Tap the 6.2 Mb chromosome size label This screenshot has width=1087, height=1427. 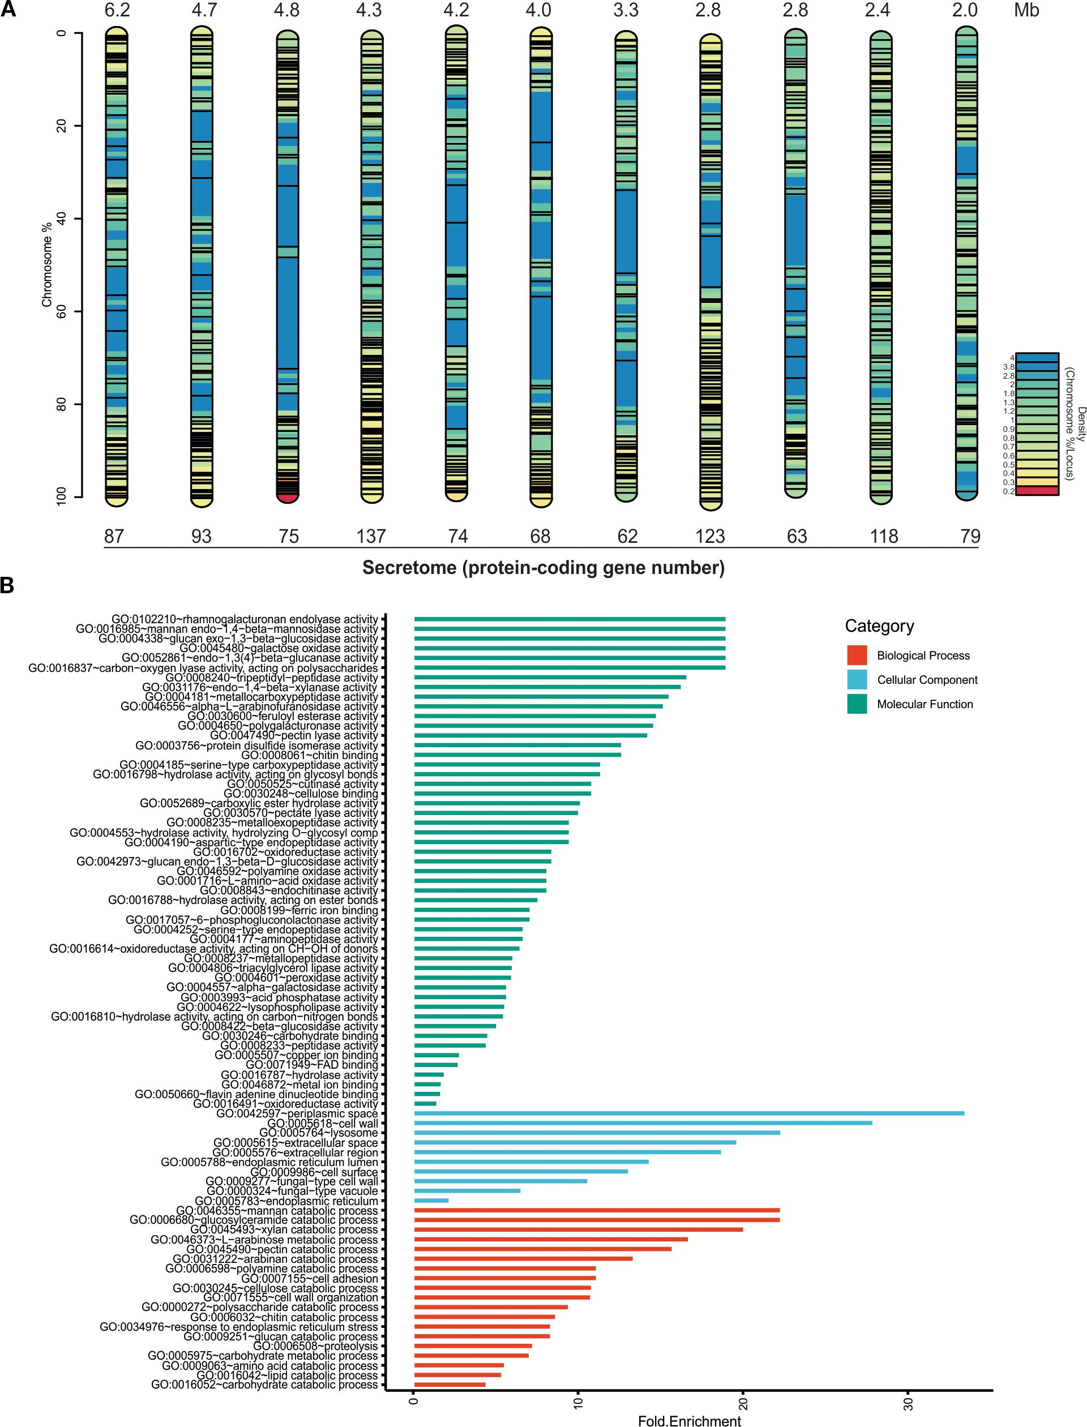(117, 10)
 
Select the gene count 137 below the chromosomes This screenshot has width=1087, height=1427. (371, 536)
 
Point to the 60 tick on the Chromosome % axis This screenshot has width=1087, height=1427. (62, 311)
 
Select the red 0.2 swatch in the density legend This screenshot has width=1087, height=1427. (1037, 491)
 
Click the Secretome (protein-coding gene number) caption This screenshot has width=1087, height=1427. (543, 567)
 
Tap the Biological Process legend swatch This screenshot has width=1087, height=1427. (857, 655)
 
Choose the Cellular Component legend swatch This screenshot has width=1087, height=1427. (857, 680)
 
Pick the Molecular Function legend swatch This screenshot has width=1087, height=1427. (857, 704)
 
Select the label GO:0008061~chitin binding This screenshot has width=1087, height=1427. (309, 756)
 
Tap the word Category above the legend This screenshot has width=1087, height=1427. (879, 625)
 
